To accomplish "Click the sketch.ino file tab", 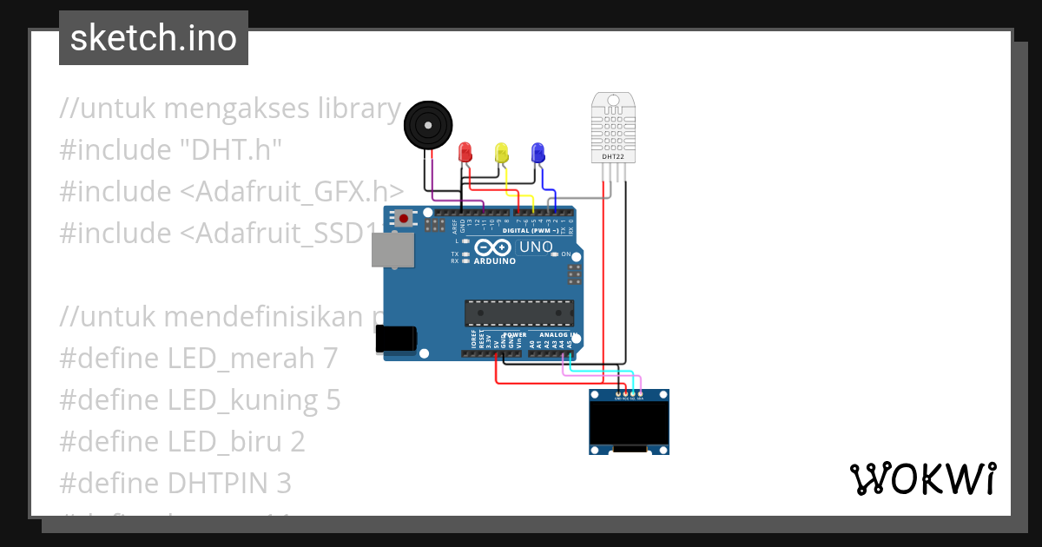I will (x=154, y=38).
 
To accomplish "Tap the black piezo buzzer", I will (x=429, y=125).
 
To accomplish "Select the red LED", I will (x=465, y=152).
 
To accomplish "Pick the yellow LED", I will (x=502, y=153).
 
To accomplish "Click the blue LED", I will (x=537, y=153).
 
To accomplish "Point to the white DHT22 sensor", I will (x=612, y=126).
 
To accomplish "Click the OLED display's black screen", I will (x=629, y=423).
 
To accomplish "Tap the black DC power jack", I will (x=395, y=339).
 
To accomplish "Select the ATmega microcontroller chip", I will (x=519, y=313).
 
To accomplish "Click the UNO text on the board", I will (x=536, y=247).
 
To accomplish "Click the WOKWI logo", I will (x=922, y=479).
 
